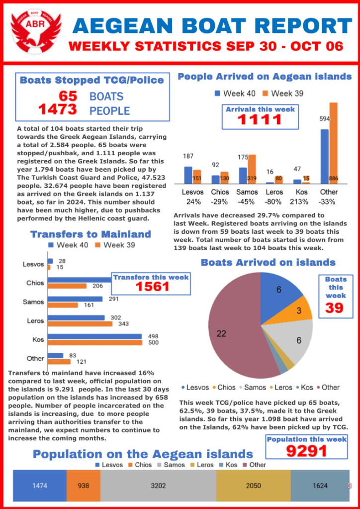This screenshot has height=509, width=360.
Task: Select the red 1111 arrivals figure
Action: (260, 120)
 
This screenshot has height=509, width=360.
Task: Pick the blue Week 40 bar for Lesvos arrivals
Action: (188, 175)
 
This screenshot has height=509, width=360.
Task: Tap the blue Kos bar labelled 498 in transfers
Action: (95, 337)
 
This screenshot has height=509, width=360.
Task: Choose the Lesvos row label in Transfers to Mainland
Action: (33, 265)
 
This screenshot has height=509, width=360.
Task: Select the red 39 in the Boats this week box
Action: (335, 307)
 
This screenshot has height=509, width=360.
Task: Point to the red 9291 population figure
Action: (307, 451)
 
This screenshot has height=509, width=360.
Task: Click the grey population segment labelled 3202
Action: (158, 486)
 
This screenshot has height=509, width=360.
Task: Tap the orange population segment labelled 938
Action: (83, 486)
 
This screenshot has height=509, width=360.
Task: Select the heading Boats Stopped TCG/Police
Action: (91, 80)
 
